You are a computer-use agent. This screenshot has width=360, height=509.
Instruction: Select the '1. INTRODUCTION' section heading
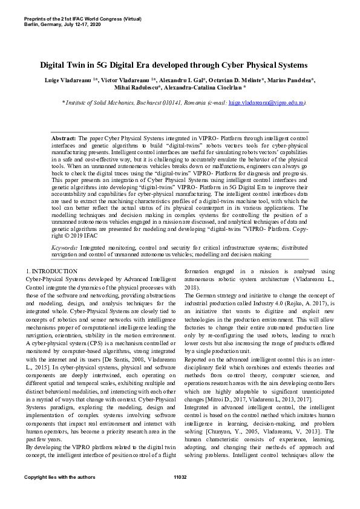coord(52,271)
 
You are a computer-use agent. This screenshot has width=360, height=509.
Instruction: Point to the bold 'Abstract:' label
coord(64,138)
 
